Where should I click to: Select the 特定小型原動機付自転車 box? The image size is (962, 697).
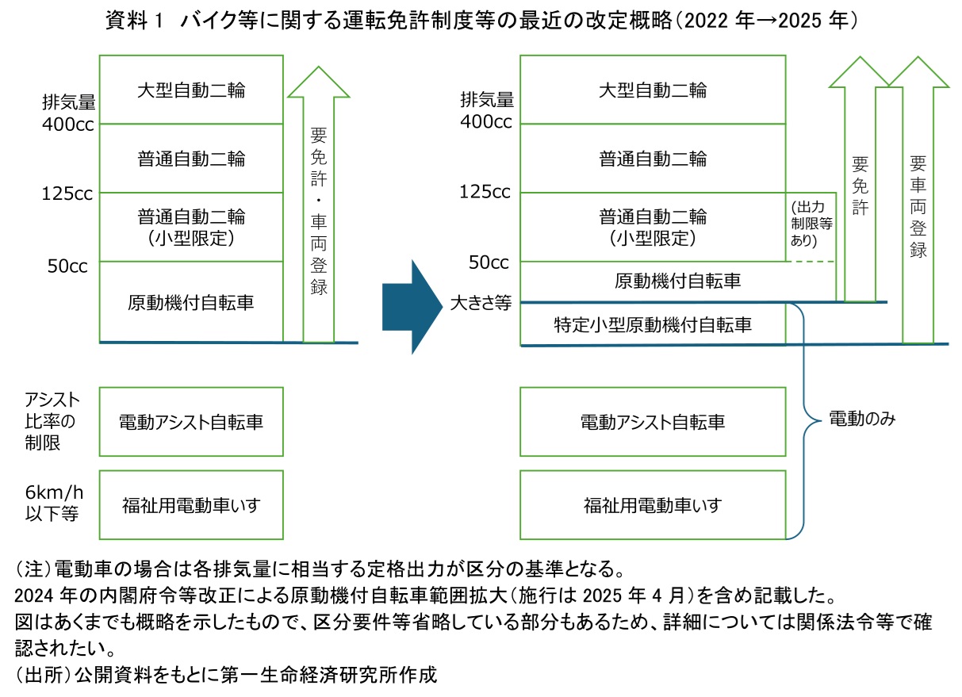(x=653, y=324)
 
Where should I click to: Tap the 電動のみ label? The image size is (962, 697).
(x=862, y=419)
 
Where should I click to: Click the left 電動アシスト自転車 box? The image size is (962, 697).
(x=191, y=421)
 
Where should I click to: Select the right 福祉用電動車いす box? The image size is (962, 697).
(x=653, y=504)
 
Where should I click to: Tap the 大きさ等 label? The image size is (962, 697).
(x=480, y=303)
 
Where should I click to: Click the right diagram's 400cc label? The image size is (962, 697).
(x=486, y=122)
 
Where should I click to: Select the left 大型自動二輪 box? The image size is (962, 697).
(x=191, y=89)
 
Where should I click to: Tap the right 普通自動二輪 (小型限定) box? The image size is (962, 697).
(x=653, y=226)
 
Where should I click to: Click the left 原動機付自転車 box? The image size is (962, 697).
(x=191, y=302)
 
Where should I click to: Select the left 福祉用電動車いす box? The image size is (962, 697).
(x=191, y=504)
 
